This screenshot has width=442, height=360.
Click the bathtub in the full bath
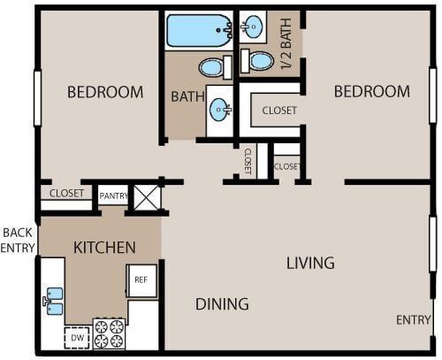click(200, 30)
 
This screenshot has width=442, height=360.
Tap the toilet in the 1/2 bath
click(257, 61)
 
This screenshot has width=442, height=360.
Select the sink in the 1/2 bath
click(253, 27)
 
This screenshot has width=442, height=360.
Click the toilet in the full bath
click(215, 67)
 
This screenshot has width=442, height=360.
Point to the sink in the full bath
click(220, 110)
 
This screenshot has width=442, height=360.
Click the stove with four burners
click(109, 333)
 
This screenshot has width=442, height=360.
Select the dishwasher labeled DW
click(77, 338)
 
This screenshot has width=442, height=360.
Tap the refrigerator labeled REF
click(141, 280)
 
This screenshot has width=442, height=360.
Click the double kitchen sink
click(55, 301)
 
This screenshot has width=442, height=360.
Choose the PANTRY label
click(114, 195)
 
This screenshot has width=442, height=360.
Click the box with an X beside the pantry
click(146, 197)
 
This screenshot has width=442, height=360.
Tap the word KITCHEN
click(104, 248)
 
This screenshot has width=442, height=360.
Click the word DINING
click(222, 304)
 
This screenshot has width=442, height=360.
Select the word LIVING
click(310, 263)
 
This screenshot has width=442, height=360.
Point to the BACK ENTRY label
click(18, 241)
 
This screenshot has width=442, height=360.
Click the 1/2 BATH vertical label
click(286, 43)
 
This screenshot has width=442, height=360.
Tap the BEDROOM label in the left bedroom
click(105, 92)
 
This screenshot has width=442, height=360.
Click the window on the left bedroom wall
click(37, 98)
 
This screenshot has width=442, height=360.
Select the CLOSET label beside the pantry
click(66, 194)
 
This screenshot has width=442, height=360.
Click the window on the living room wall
click(432, 244)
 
